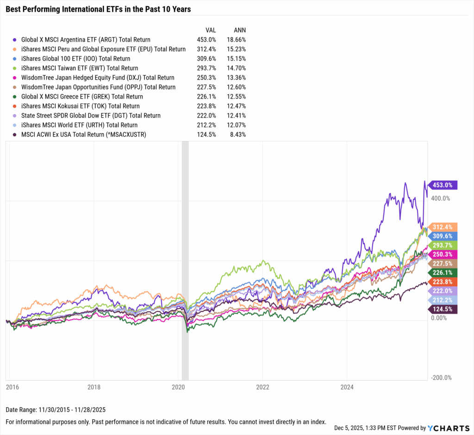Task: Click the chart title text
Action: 98,9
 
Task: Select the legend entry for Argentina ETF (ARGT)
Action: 86,40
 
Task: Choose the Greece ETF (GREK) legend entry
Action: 82,97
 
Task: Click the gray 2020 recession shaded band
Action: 185,259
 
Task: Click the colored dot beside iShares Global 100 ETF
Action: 16,59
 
